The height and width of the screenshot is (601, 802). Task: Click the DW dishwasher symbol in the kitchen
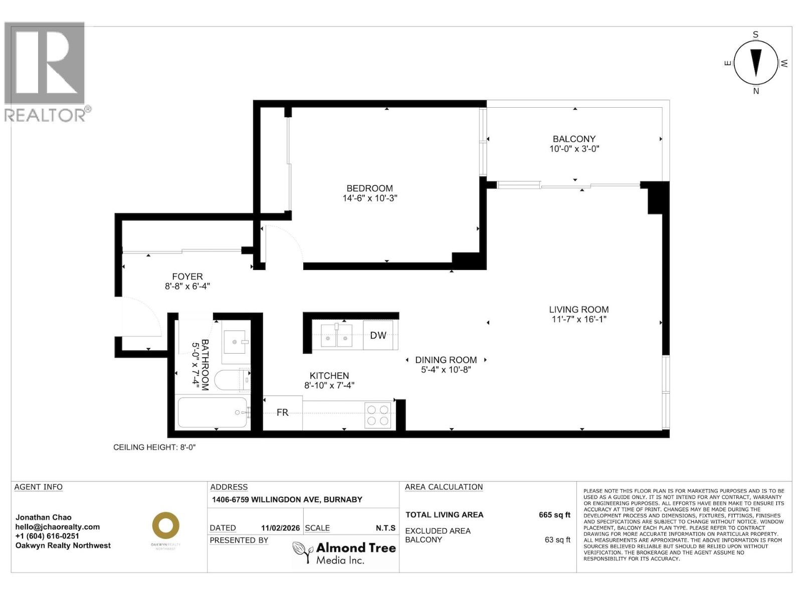(x=378, y=335)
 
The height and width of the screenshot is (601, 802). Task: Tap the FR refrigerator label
(x=282, y=412)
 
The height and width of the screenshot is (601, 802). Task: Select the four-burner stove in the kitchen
(x=378, y=415)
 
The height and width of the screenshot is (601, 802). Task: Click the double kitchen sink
(x=336, y=335)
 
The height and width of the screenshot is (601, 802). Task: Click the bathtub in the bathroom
(x=213, y=412)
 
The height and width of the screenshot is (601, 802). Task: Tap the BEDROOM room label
(x=369, y=188)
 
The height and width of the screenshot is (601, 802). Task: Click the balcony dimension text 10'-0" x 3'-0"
(x=574, y=149)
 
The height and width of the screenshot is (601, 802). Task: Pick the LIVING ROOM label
(x=578, y=310)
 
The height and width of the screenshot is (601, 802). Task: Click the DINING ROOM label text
(x=446, y=360)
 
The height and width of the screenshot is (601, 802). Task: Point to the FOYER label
(x=187, y=276)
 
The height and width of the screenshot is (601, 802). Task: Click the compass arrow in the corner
(x=756, y=63)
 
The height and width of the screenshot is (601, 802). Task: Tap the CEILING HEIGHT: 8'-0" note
(x=154, y=447)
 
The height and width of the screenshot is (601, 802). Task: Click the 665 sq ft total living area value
(x=554, y=515)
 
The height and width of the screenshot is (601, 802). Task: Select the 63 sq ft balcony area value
(x=557, y=539)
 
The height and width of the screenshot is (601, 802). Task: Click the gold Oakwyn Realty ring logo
(x=165, y=526)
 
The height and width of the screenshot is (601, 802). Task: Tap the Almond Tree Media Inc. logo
(x=344, y=553)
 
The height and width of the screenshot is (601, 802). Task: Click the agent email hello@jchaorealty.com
(x=58, y=527)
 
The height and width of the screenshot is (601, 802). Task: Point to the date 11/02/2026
(x=280, y=528)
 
